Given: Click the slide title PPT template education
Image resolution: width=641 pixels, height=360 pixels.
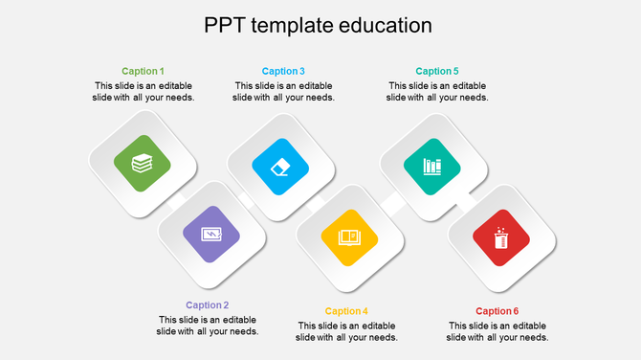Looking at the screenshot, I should pyautogui.click(x=318, y=25).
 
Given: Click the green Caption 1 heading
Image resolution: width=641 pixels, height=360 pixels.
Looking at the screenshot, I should pyautogui.click(x=143, y=71).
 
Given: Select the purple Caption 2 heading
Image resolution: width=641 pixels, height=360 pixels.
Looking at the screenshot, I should pyautogui.click(x=208, y=305).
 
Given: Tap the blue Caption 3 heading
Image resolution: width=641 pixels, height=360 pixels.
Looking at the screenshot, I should pyautogui.click(x=283, y=71).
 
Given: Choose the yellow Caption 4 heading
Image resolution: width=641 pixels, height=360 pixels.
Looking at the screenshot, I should pyautogui.click(x=346, y=311).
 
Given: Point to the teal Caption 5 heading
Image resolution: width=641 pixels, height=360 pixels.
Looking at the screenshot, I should pyautogui.click(x=437, y=71).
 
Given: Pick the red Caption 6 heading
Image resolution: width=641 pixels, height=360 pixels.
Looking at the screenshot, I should pyautogui.click(x=497, y=311).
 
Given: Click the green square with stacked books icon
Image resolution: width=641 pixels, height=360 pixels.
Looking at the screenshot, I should pyautogui.click(x=142, y=163).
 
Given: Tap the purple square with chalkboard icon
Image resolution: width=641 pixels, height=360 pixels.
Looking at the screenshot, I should pyautogui.click(x=211, y=234).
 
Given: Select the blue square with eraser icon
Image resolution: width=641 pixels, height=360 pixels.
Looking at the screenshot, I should pyautogui.click(x=280, y=167).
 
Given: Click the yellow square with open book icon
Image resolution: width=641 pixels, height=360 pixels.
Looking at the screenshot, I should pyautogui.click(x=349, y=236).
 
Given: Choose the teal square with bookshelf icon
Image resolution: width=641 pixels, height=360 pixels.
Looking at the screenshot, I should pyautogui.click(x=432, y=165).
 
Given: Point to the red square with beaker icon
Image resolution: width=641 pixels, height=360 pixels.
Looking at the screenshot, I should pyautogui.click(x=501, y=237).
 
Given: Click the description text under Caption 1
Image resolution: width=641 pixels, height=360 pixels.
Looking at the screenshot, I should pyautogui.click(x=143, y=91).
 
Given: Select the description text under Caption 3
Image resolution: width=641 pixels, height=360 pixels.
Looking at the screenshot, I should pyautogui.click(x=283, y=91).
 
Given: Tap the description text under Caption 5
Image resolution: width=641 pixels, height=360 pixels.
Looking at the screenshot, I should pyautogui.click(x=437, y=91).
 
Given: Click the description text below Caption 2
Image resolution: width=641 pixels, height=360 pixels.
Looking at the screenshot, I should pyautogui.click(x=208, y=326).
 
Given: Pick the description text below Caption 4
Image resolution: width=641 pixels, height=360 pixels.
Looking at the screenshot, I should pyautogui.click(x=346, y=331).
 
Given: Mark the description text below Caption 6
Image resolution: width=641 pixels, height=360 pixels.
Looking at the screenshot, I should pyautogui.click(x=497, y=331).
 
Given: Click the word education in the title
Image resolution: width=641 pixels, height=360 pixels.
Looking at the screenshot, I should pyautogui.click(x=386, y=25).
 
